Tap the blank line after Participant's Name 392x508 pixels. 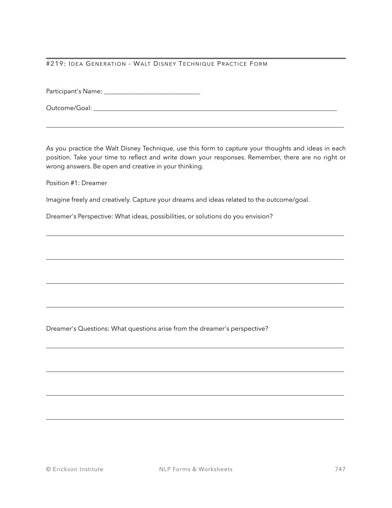click(152, 93)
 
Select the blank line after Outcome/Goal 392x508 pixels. click(215, 110)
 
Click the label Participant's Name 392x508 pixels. click(74, 91)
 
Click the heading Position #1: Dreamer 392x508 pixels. click(77, 183)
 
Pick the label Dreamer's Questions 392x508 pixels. click(78, 329)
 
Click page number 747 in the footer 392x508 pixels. click(340, 469)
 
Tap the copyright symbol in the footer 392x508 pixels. click(49, 470)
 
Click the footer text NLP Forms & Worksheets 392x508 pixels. click(196, 469)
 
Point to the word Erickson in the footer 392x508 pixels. click(65, 469)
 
